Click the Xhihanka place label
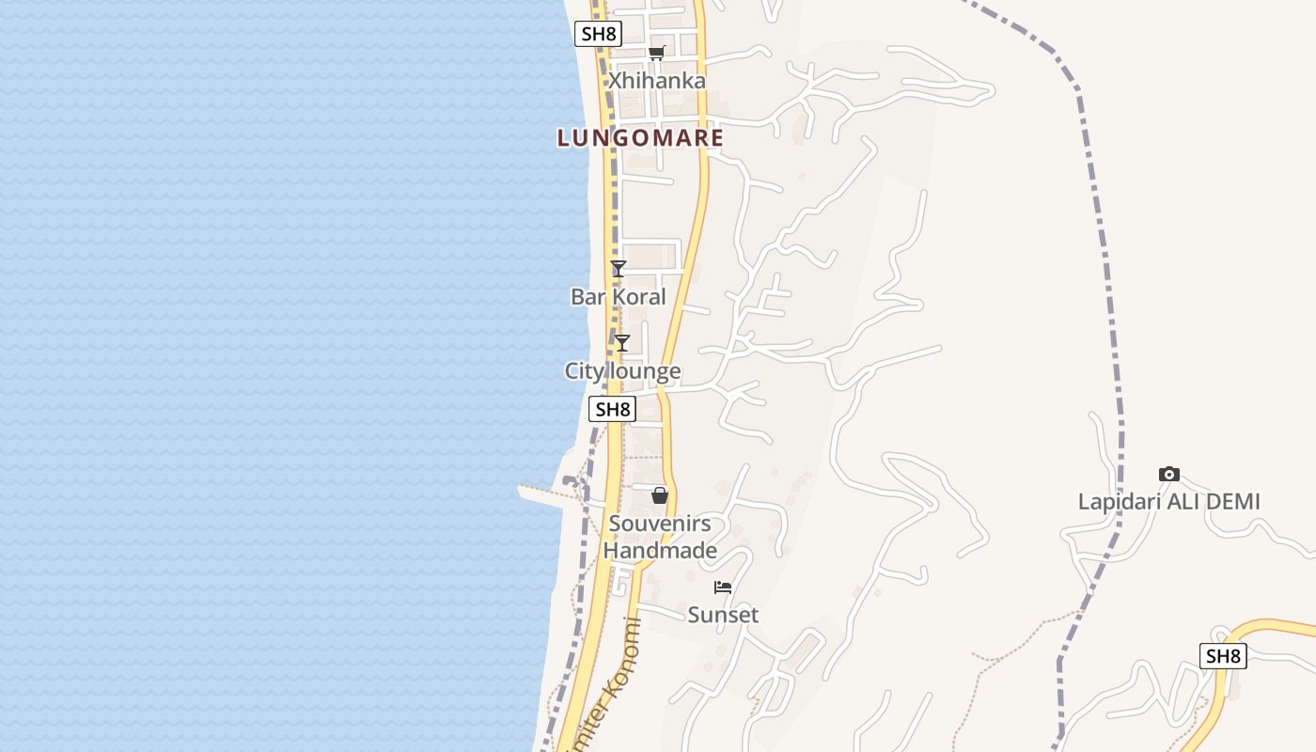point(656,81)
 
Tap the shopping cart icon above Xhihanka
point(657,53)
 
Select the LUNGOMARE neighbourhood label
point(640,138)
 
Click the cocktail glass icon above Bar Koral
point(618,269)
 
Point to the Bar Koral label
point(618,297)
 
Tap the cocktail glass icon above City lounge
point(621,343)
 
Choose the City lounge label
point(622,371)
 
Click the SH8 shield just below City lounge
point(612,409)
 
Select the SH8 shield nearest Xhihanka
point(598,35)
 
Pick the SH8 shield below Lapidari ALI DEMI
point(1223,656)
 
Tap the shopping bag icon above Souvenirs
point(660,495)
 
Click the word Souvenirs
point(660,524)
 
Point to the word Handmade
point(660,551)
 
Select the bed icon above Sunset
point(723,587)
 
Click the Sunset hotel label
point(723,615)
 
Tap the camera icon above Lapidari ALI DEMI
point(1168,474)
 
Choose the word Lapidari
point(1119,502)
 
